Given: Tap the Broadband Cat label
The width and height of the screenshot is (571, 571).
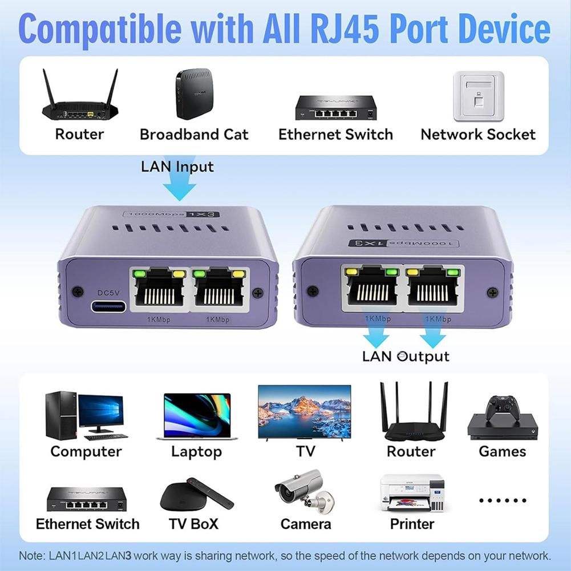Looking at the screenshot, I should (194, 135).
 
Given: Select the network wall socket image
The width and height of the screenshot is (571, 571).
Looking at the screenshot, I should (478, 96).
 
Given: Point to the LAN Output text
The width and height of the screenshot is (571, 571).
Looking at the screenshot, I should (406, 357).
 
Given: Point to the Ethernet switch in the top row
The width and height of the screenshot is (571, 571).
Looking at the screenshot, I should (336, 107).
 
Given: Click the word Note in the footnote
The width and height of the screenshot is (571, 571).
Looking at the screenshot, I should (29, 556).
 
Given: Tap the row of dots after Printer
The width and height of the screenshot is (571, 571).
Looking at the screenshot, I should (502, 500).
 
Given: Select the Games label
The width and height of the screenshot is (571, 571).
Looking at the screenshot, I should (502, 452).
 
